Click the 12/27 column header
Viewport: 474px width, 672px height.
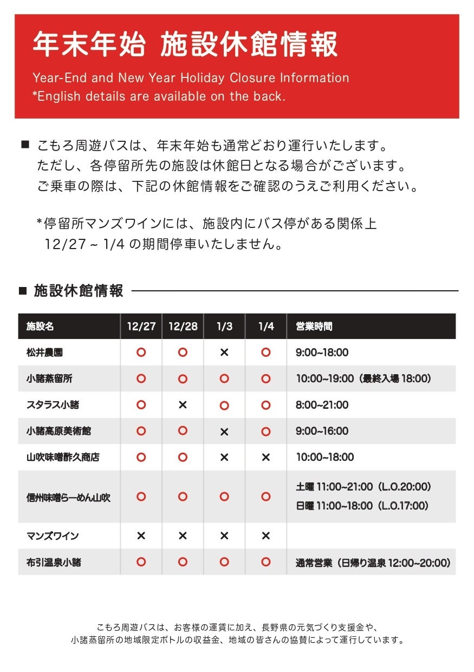pos(141,327)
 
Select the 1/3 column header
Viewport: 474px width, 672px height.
pos(224,327)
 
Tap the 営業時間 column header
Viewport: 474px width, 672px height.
pos(314,327)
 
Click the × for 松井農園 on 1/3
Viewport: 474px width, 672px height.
pos(224,353)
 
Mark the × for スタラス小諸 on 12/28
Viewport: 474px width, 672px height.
pos(183,405)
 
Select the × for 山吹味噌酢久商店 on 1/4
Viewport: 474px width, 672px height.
pos(265,458)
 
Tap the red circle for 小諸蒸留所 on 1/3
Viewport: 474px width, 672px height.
pos(224,379)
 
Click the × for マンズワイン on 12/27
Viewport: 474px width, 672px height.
pos(141,536)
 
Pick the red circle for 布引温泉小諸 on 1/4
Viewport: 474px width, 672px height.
pos(265,562)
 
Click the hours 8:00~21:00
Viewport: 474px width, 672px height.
pos(322,405)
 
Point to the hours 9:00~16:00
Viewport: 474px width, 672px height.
pos(322,431)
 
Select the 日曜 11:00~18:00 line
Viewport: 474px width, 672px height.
pos(362,506)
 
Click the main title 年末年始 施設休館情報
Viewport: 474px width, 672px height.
pos(185,44)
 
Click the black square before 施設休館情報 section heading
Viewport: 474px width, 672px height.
pos(23,291)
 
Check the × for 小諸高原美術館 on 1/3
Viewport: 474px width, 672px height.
pos(224,432)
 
